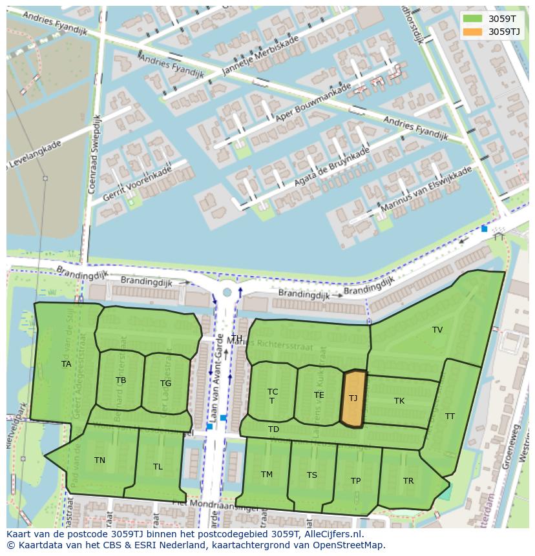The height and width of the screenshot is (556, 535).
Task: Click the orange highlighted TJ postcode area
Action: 353,398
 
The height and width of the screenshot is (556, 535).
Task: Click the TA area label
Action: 66,364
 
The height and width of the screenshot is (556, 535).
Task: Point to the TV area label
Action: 437,330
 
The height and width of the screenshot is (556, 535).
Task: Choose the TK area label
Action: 399,401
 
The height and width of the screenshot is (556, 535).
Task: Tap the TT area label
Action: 450,417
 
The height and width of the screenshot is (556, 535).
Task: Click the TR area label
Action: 408,481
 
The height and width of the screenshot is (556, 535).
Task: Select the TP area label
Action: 355,481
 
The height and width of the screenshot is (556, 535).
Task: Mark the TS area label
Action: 312,475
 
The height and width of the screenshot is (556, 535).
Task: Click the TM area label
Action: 267,475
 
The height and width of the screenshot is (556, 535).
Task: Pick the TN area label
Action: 100,460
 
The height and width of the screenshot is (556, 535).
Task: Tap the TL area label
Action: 158,467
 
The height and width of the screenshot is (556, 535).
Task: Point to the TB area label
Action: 121,380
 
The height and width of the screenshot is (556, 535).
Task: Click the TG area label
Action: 165,384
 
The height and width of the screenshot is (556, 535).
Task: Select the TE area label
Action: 319,395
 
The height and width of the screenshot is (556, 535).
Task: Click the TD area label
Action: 273,429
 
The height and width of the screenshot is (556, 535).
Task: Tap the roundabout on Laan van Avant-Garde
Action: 227,293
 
